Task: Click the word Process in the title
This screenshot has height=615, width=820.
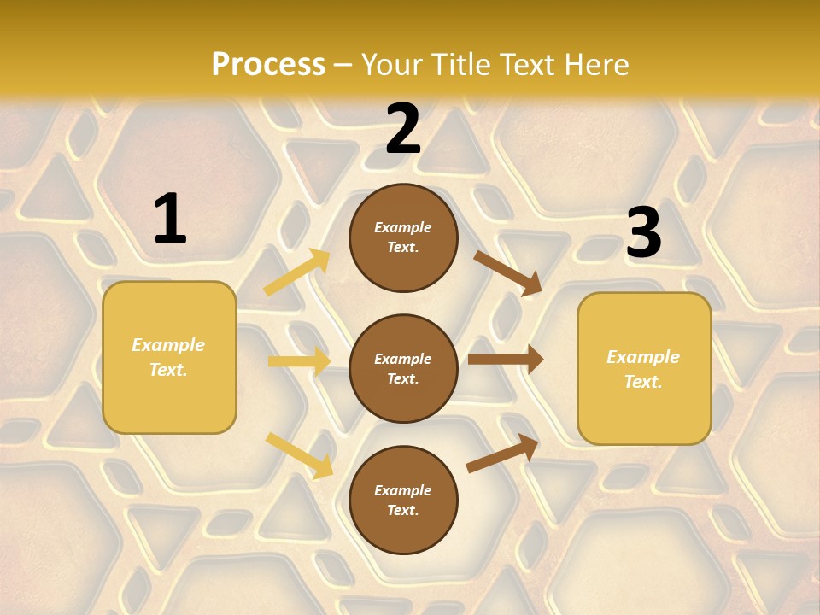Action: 268,65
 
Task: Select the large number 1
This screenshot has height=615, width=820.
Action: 170,220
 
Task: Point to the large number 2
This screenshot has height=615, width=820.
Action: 403,130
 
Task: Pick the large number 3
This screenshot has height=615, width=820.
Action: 643,233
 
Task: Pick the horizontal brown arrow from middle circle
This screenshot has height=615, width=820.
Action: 505,359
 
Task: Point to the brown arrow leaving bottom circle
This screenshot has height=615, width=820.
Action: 502,454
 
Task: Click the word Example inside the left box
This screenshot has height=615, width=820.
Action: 168,345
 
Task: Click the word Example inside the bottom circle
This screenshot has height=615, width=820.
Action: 403,490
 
